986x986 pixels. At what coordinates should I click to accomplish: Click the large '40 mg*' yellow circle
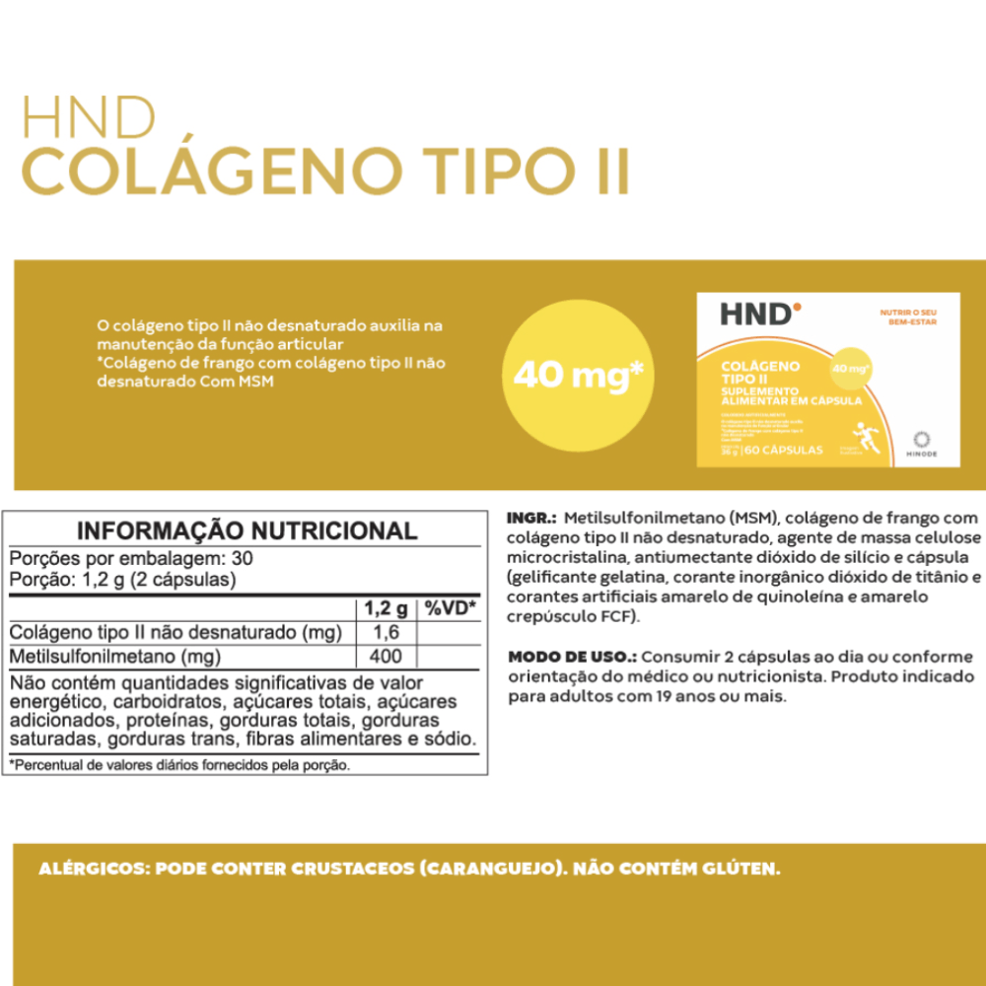click(x=579, y=376)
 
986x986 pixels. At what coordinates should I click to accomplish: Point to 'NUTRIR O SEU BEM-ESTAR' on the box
click(x=907, y=317)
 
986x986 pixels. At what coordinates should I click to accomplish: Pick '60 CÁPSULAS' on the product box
click(x=785, y=450)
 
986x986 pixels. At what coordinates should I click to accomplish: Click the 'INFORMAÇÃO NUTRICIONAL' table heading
click(x=246, y=530)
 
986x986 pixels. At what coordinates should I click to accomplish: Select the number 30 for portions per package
click(x=242, y=557)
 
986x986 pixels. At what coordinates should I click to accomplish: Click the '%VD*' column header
click(x=450, y=607)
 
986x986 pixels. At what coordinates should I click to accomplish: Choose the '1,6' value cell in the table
click(x=386, y=632)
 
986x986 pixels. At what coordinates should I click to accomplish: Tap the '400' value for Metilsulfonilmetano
click(x=386, y=656)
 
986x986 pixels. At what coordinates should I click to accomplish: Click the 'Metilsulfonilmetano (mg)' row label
click(x=114, y=656)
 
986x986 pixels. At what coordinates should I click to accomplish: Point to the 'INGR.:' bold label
click(x=532, y=518)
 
